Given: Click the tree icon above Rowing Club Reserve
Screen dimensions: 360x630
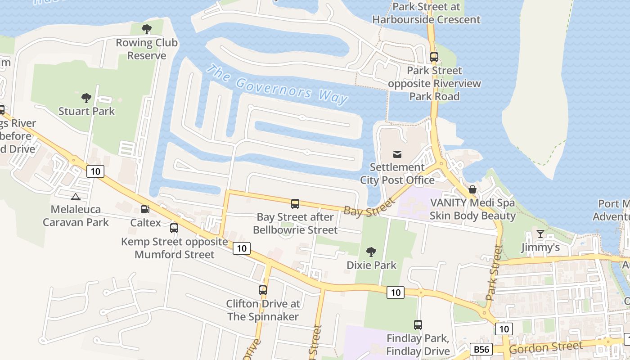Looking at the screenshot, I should point(146,30).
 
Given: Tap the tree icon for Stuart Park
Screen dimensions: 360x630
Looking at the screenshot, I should point(86,98).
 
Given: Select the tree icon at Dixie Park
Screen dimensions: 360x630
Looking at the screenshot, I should point(371,252).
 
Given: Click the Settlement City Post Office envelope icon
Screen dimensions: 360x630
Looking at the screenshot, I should point(397,154).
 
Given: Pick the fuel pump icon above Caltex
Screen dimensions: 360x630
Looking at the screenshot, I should point(145,209).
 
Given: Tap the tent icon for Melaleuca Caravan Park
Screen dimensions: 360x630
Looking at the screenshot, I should point(76,196).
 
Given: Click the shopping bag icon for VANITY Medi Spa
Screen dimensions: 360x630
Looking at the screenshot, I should point(472,189).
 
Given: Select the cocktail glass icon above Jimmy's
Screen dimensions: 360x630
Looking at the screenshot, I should point(540,234).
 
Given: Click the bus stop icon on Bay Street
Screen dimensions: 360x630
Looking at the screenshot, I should point(295,204).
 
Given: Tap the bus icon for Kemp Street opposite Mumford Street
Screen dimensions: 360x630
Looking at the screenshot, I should point(174,228).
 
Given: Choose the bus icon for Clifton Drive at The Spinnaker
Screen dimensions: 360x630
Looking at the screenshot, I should point(263,290).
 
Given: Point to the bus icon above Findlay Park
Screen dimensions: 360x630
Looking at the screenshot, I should point(418,324).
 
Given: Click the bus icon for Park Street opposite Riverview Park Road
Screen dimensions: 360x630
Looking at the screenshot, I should point(434,57).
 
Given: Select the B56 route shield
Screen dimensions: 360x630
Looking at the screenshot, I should point(481,349).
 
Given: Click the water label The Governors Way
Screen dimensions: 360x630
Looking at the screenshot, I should point(277,85).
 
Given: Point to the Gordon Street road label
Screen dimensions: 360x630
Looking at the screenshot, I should point(545,347).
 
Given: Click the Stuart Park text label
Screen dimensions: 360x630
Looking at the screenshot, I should point(87,111).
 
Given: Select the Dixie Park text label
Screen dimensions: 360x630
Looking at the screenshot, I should point(372,265).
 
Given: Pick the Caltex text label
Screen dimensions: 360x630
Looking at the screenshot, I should point(145,222).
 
